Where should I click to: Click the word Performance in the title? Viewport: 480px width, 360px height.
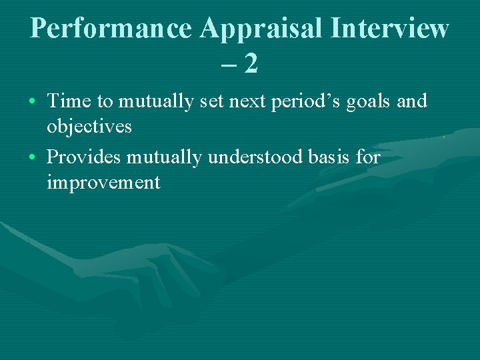[x=111, y=28]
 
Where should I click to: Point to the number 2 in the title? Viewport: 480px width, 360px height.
[x=251, y=64]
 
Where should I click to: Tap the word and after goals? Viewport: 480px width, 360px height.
[x=412, y=101]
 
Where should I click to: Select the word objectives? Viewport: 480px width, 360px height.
[x=89, y=126]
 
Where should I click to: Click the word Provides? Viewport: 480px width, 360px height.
[x=84, y=157]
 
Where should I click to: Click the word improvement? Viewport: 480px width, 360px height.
[x=103, y=182]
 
